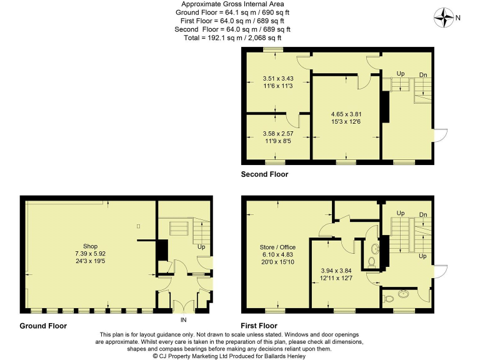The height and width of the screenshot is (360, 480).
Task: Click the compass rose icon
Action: point(444,17)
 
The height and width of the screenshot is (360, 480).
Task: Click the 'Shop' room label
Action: point(91,246)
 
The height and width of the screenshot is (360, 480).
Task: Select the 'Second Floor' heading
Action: point(264,174)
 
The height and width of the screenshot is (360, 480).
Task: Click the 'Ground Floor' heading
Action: point(43,326)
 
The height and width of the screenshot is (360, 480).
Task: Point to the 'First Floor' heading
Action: point(259,326)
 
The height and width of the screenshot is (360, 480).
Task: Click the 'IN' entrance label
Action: point(184,320)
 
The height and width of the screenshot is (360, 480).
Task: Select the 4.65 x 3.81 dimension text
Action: point(346,114)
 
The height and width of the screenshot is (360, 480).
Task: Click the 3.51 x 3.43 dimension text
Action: point(278,78)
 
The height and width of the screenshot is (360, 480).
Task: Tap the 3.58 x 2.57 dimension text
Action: point(278,133)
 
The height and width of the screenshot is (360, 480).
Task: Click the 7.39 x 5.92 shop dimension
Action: point(91,254)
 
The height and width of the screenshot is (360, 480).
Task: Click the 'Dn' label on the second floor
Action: point(423,75)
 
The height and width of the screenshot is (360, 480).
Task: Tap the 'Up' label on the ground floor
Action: point(201,247)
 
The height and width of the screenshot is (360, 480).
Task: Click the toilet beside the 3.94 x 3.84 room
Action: point(371,262)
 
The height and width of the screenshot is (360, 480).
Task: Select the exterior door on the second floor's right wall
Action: point(440,134)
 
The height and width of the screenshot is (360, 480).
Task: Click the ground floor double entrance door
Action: point(183,306)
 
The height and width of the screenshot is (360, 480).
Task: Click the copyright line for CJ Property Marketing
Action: point(241,356)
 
